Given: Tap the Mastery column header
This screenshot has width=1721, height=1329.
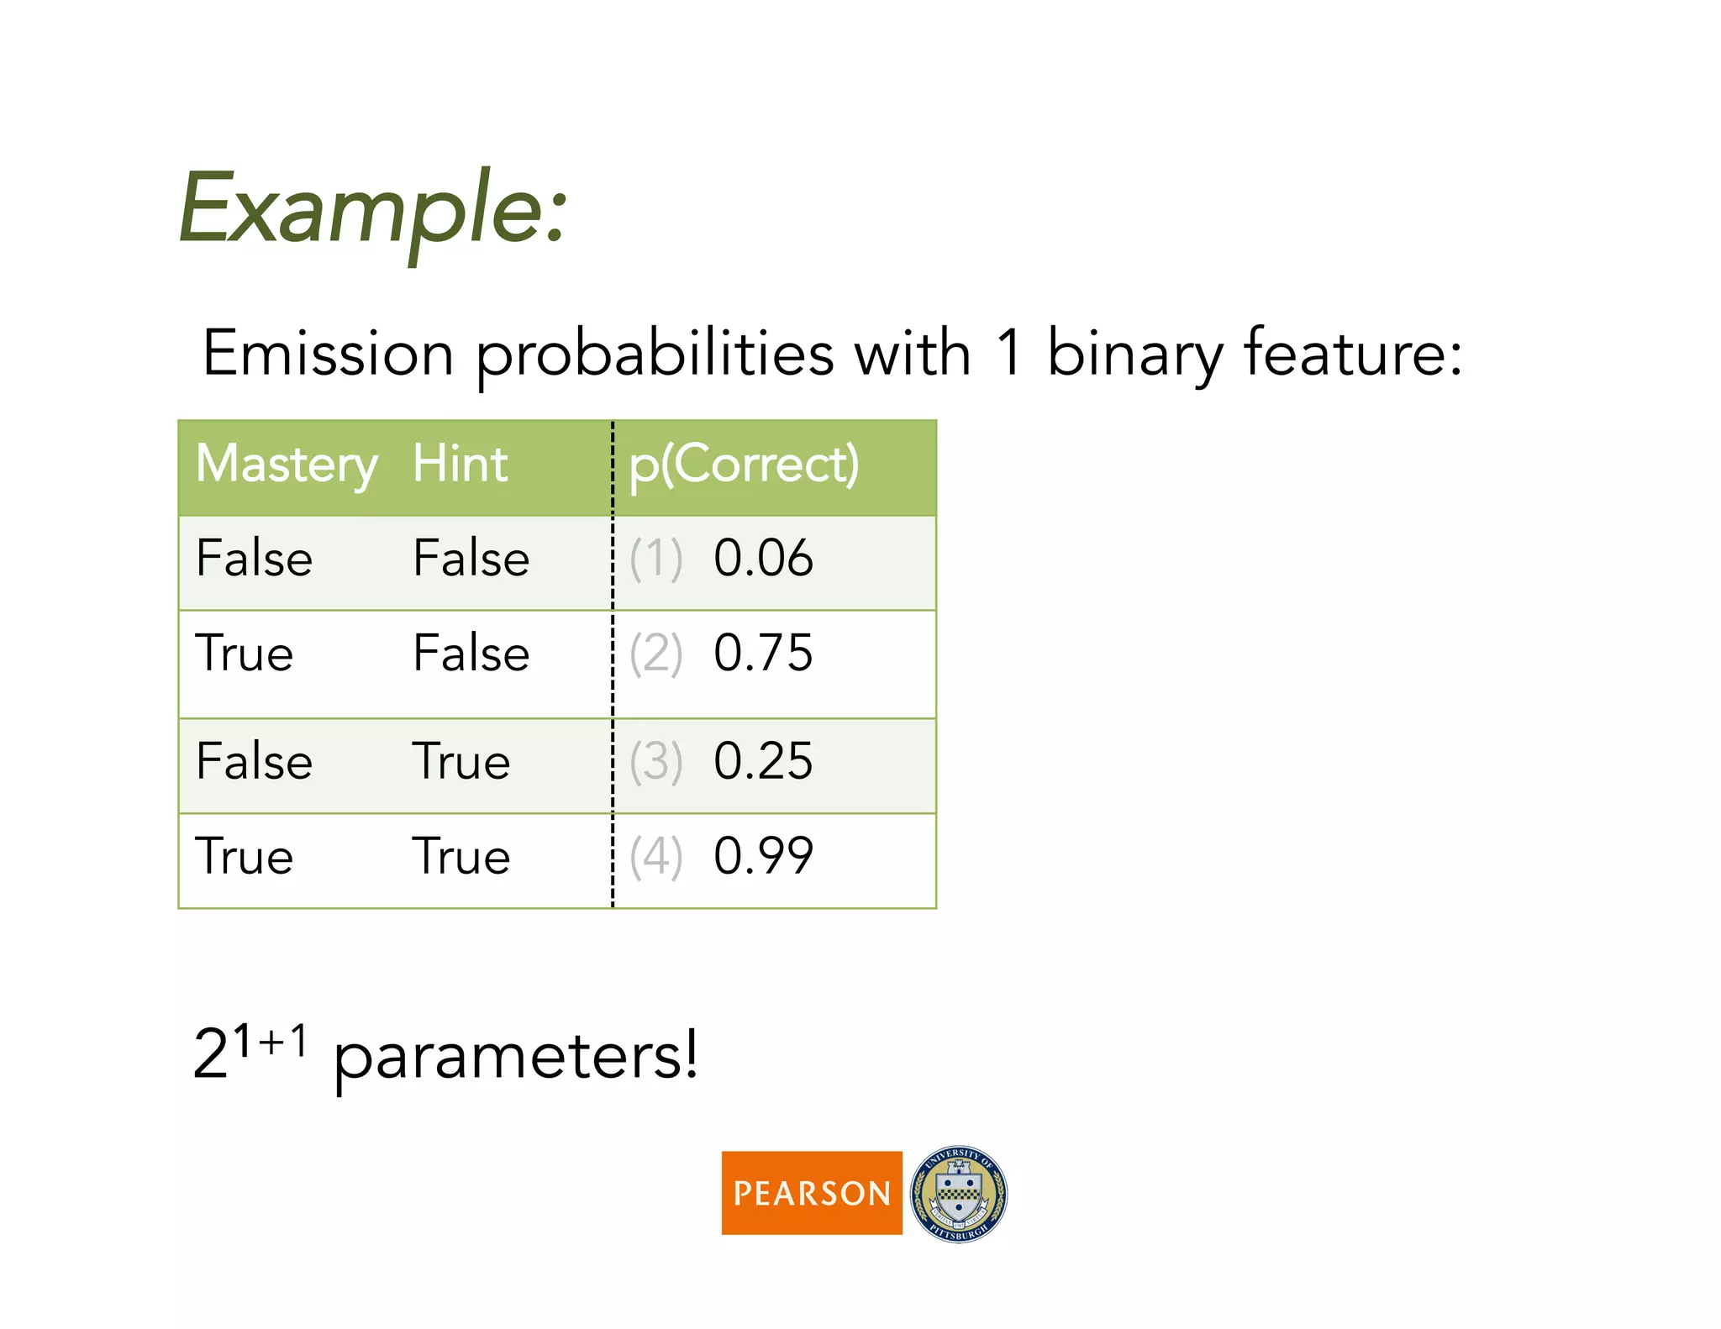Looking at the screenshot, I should pyautogui.click(x=287, y=465).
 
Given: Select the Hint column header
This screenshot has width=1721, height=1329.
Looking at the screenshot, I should pyautogui.click(x=460, y=465).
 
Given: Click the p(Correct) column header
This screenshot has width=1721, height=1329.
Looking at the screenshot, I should pyautogui.click(x=744, y=465).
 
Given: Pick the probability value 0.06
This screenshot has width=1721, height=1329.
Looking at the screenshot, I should pyautogui.click(x=763, y=559).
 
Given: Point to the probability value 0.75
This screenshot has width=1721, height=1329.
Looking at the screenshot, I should pyautogui.click(x=763, y=654).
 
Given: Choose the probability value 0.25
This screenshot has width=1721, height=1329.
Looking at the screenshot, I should pyautogui.click(x=763, y=762).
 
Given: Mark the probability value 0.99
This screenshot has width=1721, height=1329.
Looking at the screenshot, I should pyautogui.click(x=763, y=857).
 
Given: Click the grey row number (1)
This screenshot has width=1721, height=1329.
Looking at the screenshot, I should pyautogui.click(x=656, y=559).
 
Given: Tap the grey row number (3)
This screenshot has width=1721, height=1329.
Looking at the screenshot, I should pyautogui.click(x=656, y=763).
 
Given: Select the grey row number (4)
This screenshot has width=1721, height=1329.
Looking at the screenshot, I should pyautogui.click(x=656, y=858).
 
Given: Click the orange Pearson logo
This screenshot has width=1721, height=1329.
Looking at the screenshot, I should pyautogui.click(x=812, y=1193).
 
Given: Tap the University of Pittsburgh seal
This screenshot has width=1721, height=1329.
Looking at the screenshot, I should pyautogui.click(x=959, y=1194).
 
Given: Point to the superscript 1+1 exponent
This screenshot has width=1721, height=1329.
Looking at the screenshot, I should pyautogui.click(x=270, y=1043).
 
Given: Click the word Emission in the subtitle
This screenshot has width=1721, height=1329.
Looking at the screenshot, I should pyautogui.click(x=328, y=353).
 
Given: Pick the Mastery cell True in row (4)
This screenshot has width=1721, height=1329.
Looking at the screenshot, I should pyautogui.click(x=245, y=858).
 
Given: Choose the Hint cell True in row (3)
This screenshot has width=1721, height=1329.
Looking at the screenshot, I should pyautogui.click(x=461, y=763).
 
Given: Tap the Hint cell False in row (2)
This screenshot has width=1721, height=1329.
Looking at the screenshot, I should pyautogui.click(x=471, y=654).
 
